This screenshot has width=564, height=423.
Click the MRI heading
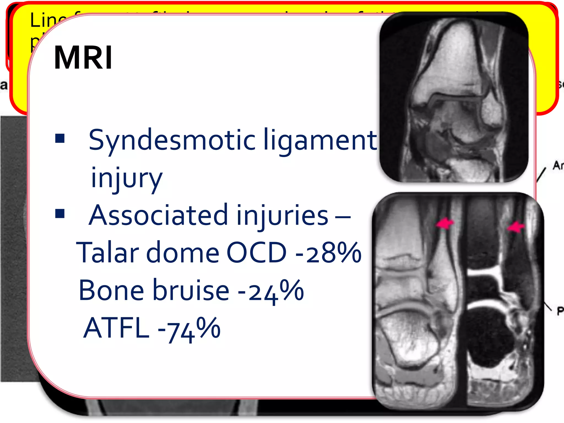[83, 58]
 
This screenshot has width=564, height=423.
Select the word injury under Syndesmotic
[126, 178]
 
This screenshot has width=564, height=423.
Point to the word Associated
[159, 215]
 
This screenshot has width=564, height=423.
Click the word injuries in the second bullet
[282, 215]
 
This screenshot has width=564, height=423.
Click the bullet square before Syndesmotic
[60, 138]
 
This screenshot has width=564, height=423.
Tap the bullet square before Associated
[60, 213]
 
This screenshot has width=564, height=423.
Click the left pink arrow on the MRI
[444, 223]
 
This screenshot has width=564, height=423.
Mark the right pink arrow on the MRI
[516, 227]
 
